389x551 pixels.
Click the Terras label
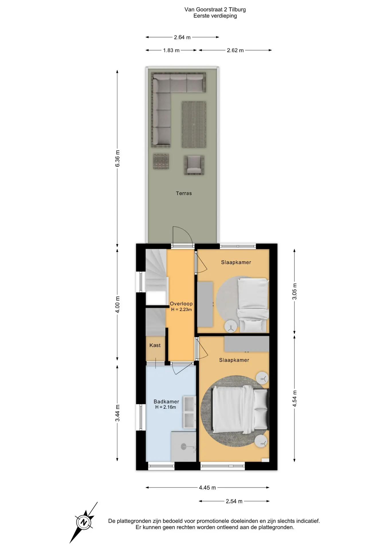pyautogui.click(x=184, y=193)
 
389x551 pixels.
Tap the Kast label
pyautogui.click(x=155, y=346)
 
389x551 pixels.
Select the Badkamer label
pyautogui.click(x=166, y=401)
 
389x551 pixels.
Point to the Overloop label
pyautogui.click(x=181, y=304)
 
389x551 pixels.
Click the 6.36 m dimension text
pyautogui.click(x=117, y=158)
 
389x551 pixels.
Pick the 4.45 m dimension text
pyautogui.click(x=207, y=488)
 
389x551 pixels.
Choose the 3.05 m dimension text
pyautogui.click(x=294, y=291)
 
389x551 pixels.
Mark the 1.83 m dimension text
pyautogui.click(x=171, y=51)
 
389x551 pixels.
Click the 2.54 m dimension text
pyautogui.click(x=234, y=501)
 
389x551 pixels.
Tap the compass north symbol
pyautogui.click(x=83, y=522)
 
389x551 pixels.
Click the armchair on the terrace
pyautogui.click(x=194, y=165)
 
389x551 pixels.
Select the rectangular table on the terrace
pyautogui.click(x=194, y=125)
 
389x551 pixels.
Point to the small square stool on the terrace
pyautogui.click(x=161, y=161)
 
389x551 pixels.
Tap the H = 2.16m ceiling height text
pyautogui.click(x=166, y=407)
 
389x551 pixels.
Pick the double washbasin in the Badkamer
pyautogui.click(x=189, y=412)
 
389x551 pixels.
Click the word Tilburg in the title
pyautogui.click(x=237, y=9)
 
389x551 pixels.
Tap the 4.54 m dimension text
pyautogui.click(x=294, y=398)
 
